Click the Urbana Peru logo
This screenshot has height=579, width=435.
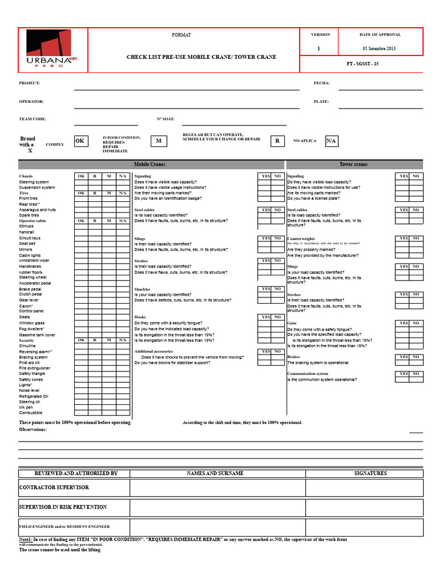53,50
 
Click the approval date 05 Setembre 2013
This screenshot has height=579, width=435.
378,49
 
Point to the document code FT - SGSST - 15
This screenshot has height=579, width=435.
362,64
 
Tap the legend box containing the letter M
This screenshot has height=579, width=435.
159,141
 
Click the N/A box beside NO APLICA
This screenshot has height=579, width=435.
331,141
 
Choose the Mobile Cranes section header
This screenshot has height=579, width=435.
150,165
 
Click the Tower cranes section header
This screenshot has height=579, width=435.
353,165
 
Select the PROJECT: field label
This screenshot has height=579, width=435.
29,83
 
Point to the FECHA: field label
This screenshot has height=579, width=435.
322,83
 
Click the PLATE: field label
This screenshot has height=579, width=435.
321,102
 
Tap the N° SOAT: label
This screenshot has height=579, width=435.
165,119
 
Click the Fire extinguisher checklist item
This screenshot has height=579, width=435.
35,368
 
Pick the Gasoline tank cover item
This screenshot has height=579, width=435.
37,335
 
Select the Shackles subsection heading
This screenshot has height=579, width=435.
142,289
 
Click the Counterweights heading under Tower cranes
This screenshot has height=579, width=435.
301,239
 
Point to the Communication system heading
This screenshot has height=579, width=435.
308,374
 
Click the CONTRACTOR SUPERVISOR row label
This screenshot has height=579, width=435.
54,487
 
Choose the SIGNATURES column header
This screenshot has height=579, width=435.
370,473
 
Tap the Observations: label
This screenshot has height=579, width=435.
33,430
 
